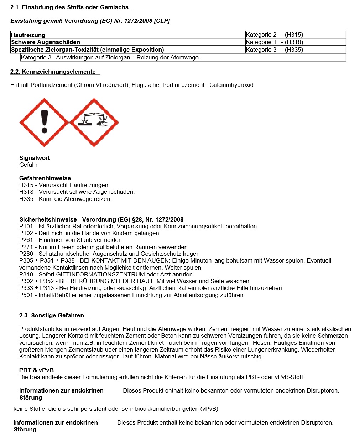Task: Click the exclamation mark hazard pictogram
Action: click(44, 123)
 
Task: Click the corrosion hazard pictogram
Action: click(94, 123)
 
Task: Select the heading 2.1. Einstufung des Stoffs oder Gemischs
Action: click(69, 7)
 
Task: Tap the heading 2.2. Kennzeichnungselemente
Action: click(53, 72)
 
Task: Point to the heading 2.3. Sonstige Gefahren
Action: click(52, 315)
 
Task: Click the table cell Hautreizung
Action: click(28, 35)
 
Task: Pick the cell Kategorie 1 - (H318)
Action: click(274, 42)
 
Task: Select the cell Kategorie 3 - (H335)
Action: click(274, 50)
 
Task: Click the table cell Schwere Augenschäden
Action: click(46, 42)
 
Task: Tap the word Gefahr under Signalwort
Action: click(28, 165)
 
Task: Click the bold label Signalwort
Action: click(35, 158)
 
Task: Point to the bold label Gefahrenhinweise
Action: click(45, 178)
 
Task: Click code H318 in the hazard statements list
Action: click(26, 192)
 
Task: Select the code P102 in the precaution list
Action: click(26, 233)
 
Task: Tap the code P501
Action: click(26, 295)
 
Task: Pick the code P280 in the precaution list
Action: click(26, 254)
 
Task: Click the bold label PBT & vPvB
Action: click(36, 370)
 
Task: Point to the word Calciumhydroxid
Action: click(231, 85)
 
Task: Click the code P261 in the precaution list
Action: click(26, 240)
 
